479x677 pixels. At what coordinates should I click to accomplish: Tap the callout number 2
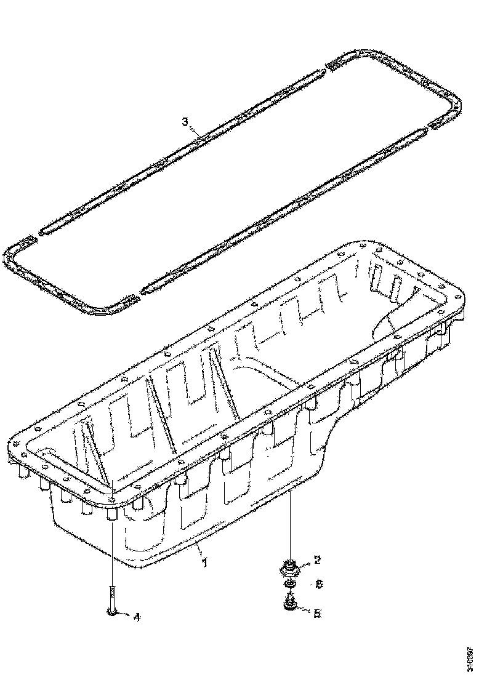point(316,559)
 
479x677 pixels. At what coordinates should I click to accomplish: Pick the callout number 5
point(316,613)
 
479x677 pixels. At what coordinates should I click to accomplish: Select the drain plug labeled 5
point(289,608)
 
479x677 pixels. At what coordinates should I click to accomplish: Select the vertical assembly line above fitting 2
point(289,523)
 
